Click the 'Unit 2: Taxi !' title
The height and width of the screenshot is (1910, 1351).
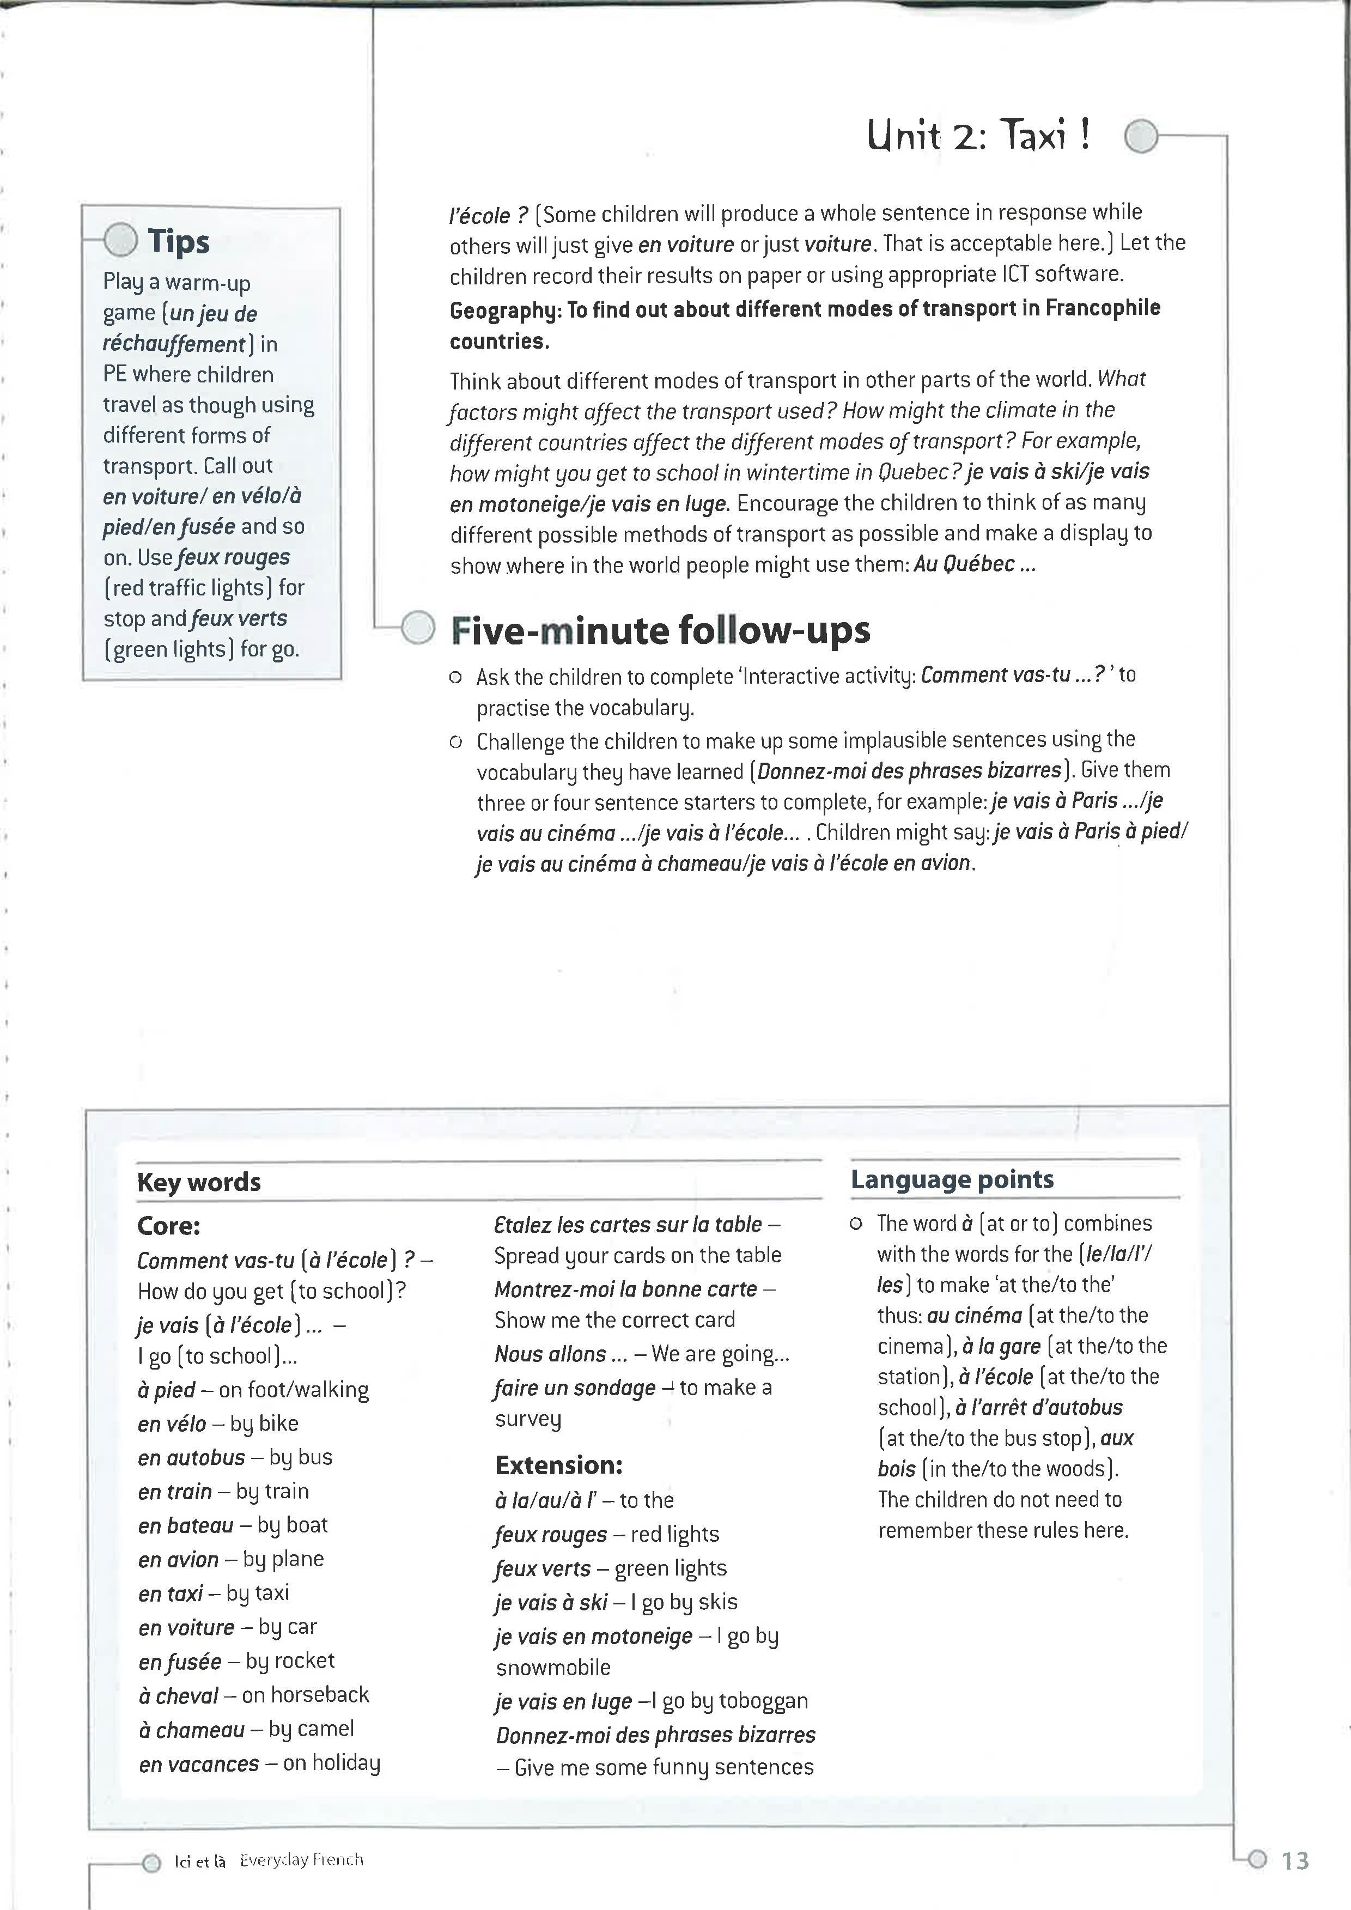click(x=977, y=135)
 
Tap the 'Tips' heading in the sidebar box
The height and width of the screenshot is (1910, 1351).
click(x=178, y=241)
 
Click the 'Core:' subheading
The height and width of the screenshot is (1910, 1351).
click(x=169, y=1225)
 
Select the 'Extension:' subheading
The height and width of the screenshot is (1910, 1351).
click(x=558, y=1465)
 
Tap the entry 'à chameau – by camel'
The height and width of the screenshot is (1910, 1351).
click(x=246, y=1729)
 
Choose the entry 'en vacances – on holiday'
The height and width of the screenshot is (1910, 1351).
click(x=259, y=1763)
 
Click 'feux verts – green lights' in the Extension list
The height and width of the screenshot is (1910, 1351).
click(x=610, y=1568)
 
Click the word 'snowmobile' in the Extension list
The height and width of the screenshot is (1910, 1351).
click(x=553, y=1667)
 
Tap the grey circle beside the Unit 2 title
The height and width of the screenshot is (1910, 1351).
click(x=1141, y=136)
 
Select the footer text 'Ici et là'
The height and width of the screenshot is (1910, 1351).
click(x=200, y=1860)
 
